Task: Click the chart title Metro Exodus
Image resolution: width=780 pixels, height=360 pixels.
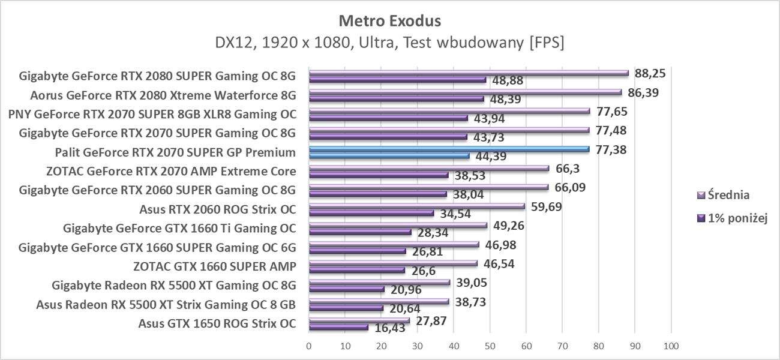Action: coord(389,21)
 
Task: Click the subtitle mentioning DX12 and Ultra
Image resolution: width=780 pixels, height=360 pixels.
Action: coord(389,43)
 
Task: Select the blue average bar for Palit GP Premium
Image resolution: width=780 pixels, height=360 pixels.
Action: coord(449,149)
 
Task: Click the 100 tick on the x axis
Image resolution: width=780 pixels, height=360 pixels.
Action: coord(671,346)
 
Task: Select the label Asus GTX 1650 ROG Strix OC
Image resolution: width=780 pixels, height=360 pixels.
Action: coord(217,324)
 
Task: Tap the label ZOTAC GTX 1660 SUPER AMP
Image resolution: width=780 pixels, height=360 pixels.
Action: coord(215,266)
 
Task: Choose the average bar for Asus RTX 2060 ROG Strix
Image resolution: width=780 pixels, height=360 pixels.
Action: coord(416,206)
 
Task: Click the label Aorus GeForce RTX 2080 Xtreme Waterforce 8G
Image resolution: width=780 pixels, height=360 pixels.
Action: coord(163,95)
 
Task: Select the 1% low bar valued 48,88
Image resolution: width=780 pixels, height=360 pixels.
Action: coord(397,79)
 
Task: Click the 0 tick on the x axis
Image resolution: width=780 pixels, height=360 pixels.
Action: coord(309,346)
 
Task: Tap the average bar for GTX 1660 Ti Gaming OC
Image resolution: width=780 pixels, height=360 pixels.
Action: coord(398,226)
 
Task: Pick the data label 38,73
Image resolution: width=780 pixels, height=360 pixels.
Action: coord(470,302)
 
